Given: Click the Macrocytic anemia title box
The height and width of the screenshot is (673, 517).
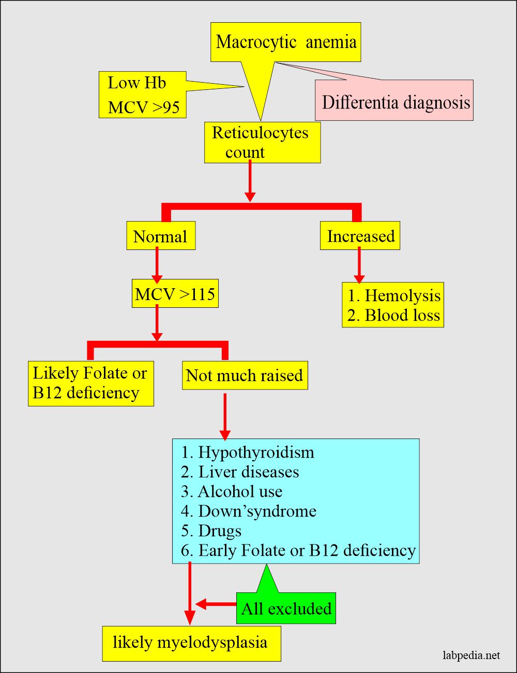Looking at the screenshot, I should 285,42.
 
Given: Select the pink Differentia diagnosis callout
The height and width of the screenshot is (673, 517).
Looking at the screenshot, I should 395,102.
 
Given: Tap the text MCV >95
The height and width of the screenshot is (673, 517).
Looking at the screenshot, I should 144,107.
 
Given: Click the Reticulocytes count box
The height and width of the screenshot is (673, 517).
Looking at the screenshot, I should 262,143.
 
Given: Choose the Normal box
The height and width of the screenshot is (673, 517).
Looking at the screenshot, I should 161,236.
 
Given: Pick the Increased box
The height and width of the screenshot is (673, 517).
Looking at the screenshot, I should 360,236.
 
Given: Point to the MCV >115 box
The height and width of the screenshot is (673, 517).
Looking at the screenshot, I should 175,294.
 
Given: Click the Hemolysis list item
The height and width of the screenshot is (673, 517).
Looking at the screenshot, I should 394,295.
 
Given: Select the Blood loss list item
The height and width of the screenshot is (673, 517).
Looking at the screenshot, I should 393,315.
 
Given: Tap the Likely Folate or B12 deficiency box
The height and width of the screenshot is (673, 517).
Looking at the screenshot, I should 90,383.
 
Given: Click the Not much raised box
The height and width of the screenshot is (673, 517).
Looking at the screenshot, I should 245,375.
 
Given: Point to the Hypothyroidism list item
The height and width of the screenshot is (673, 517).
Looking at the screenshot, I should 248,452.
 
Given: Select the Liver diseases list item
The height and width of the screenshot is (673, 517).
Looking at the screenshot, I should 240,472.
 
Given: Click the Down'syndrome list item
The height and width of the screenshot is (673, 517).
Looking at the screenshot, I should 249,511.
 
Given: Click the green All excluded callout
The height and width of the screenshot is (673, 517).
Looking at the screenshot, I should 286,608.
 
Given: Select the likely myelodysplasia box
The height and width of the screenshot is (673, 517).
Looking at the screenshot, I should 191,643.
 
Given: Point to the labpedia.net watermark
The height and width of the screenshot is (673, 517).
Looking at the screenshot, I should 472,655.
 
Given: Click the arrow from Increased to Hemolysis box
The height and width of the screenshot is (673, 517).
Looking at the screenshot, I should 359,265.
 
